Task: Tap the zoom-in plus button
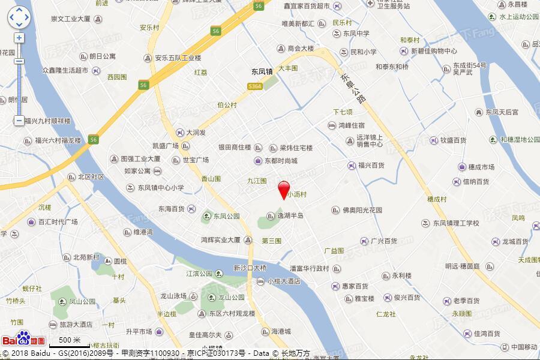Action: [19, 37]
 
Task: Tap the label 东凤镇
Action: [263, 71]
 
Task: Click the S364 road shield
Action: [255, 86]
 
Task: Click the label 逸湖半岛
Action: [290, 215]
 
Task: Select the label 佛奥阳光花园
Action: [362, 211]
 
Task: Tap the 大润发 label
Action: [196, 133]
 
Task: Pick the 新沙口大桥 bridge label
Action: [250, 268]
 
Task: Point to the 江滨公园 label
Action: [200, 274]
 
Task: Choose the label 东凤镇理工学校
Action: [456, 223]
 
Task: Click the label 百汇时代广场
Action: [58, 221]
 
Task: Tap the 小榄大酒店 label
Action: [284, 281]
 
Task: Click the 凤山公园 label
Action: [83, 302]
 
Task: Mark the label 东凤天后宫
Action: [502, 112]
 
